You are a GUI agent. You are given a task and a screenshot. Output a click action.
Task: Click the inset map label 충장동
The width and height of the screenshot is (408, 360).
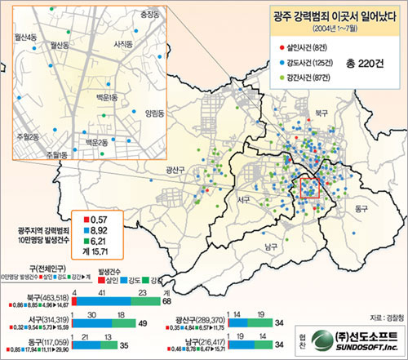[x=149, y=14]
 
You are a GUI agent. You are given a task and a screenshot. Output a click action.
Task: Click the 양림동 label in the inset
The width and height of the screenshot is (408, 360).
[x=154, y=114]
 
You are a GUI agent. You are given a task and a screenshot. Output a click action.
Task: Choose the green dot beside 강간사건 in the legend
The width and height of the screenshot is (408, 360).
[x=280, y=78]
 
